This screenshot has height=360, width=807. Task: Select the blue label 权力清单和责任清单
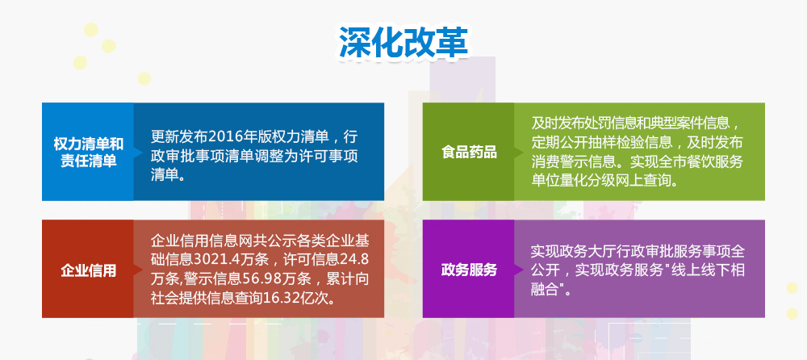pyautogui.click(x=89, y=152)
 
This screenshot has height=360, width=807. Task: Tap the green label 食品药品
pyautogui.click(x=469, y=152)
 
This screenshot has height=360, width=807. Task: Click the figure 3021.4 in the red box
pyautogui.click(x=220, y=260)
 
